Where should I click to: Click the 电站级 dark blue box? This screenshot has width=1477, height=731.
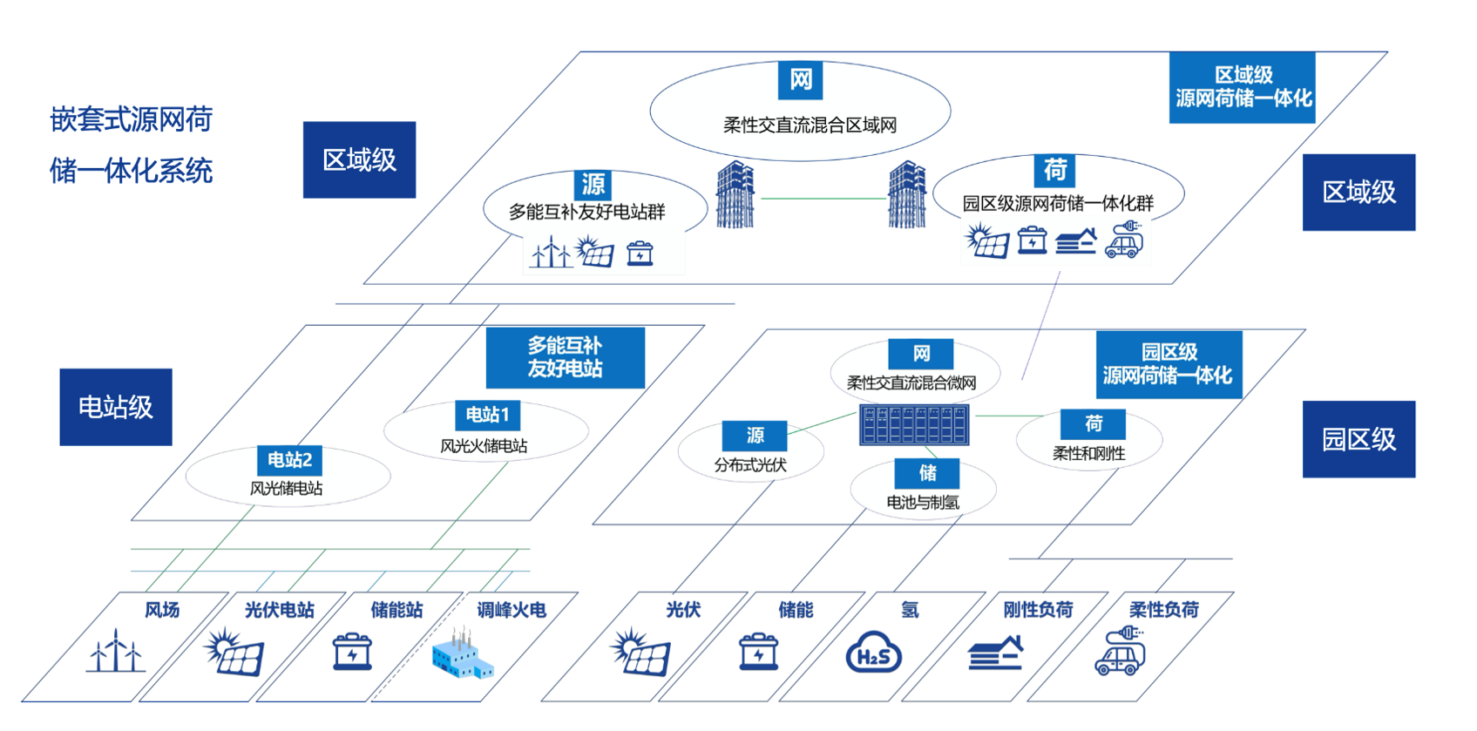[x=116, y=407]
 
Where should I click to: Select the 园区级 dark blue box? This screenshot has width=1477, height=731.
[x=1358, y=439]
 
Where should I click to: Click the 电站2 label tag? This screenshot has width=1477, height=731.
[x=289, y=460]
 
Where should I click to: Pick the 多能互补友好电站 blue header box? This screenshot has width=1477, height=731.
[x=565, y=357]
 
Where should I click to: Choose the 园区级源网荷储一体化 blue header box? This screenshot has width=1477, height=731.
[x=1168, y=364]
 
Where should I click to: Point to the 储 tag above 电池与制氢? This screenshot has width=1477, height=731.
[x=927, y=473]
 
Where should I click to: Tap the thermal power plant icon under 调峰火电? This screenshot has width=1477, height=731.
[x=463, y=655]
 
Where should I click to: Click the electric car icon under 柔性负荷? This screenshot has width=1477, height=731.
[x=1121, y=653]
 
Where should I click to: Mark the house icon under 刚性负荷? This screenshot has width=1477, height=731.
[x=996, y=653]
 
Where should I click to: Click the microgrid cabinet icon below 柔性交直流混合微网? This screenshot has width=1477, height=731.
[x=914, y=425]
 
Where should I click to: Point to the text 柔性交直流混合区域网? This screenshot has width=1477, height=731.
[x=810, y=125]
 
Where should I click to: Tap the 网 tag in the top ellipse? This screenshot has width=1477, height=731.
[x=800, y=80]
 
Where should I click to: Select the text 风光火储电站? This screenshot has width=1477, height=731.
[x=484, y=446]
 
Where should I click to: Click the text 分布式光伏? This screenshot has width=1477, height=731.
[x=750, y=465]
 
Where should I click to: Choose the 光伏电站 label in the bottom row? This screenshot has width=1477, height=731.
[x=279, y=610]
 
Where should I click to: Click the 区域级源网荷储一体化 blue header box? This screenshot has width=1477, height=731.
[x=1243, y=87]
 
